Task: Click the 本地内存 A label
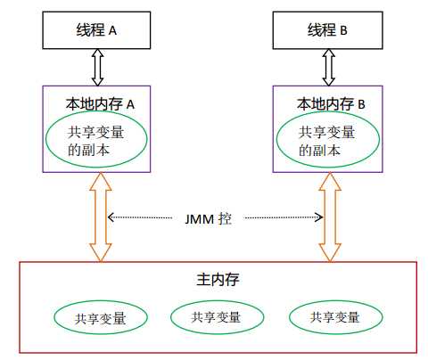(x=97, y=103)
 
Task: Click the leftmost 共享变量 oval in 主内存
(x=100, y=317)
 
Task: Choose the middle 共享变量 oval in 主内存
(x=216, y=316)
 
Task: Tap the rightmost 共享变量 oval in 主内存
(x=335, y=317)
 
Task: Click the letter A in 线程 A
(x=112, y=30)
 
